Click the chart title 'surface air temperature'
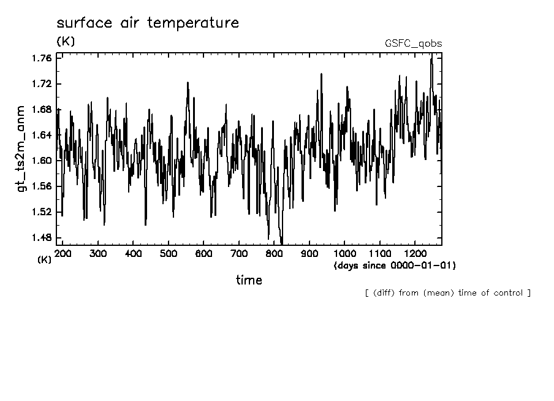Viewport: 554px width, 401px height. point(148,23)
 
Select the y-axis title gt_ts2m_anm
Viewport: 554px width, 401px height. point(21,149)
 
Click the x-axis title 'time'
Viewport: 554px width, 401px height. point(249,280)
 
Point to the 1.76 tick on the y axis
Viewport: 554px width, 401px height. point(41,58)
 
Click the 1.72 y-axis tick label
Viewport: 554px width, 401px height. point(41,83)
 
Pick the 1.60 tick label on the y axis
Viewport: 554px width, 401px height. point(41,161)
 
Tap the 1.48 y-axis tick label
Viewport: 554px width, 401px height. point(41,238)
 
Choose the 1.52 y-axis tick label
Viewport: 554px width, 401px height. point(41,212)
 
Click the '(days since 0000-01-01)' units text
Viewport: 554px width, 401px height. point(394,265)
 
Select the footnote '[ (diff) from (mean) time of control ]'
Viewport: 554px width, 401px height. point(447,293)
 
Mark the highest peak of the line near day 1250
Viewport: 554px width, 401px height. point(432,55)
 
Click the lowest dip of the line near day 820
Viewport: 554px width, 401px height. point(281,243)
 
